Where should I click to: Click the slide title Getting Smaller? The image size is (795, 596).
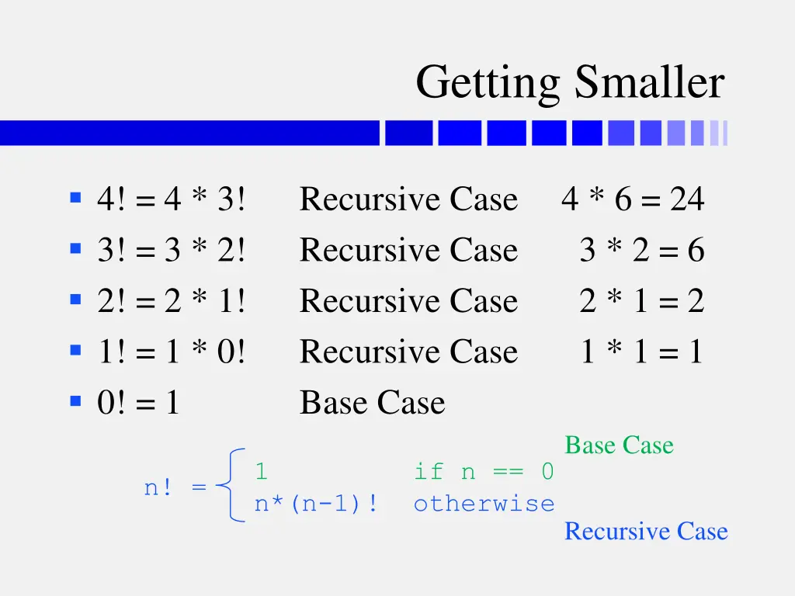pyautogui.click(x=570, y=83)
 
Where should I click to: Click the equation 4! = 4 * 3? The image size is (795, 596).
pyautogui.click(x=172, y=199)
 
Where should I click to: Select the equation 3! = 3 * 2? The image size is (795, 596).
pyautogui.click(x=172, y=250)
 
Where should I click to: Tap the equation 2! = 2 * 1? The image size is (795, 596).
pyautogui.click(x=172, y=301)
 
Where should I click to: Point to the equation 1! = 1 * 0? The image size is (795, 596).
pyautogui.click(x=172, y=352)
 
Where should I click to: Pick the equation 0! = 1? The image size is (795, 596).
pyautogui.click(x=138, y=403)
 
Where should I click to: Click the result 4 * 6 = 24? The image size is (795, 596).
pyautogui.click(x=633, y=199)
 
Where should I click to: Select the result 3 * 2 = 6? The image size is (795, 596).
pyautogui.click(x=641, y=250)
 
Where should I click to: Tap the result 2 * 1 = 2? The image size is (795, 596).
pyautogui.click(x=641, y=301)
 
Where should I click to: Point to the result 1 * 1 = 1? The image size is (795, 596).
pyautogui.click(x=641, y=352)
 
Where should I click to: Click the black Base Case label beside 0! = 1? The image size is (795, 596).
pyautogui.click(x=373, y=403)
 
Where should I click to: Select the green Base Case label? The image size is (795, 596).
pyautogui.click(x=619, y=445)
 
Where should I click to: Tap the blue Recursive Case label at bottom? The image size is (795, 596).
pyautogui.click(x=646, y=532)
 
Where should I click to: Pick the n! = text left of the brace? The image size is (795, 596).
pyautogui.click(x=175, y=488)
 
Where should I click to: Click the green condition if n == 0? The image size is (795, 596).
pyautogui.click(x=484, y=471)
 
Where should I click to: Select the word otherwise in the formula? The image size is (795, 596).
pyautogui.click(x=484, y=504)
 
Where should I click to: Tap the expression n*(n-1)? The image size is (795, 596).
pyautogui.click(x=317, y=504)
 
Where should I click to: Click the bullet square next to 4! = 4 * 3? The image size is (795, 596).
pyautogui.click(x=75, y=198)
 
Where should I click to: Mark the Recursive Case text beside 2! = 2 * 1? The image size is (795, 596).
pyautogui.click(x=408, y=301)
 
